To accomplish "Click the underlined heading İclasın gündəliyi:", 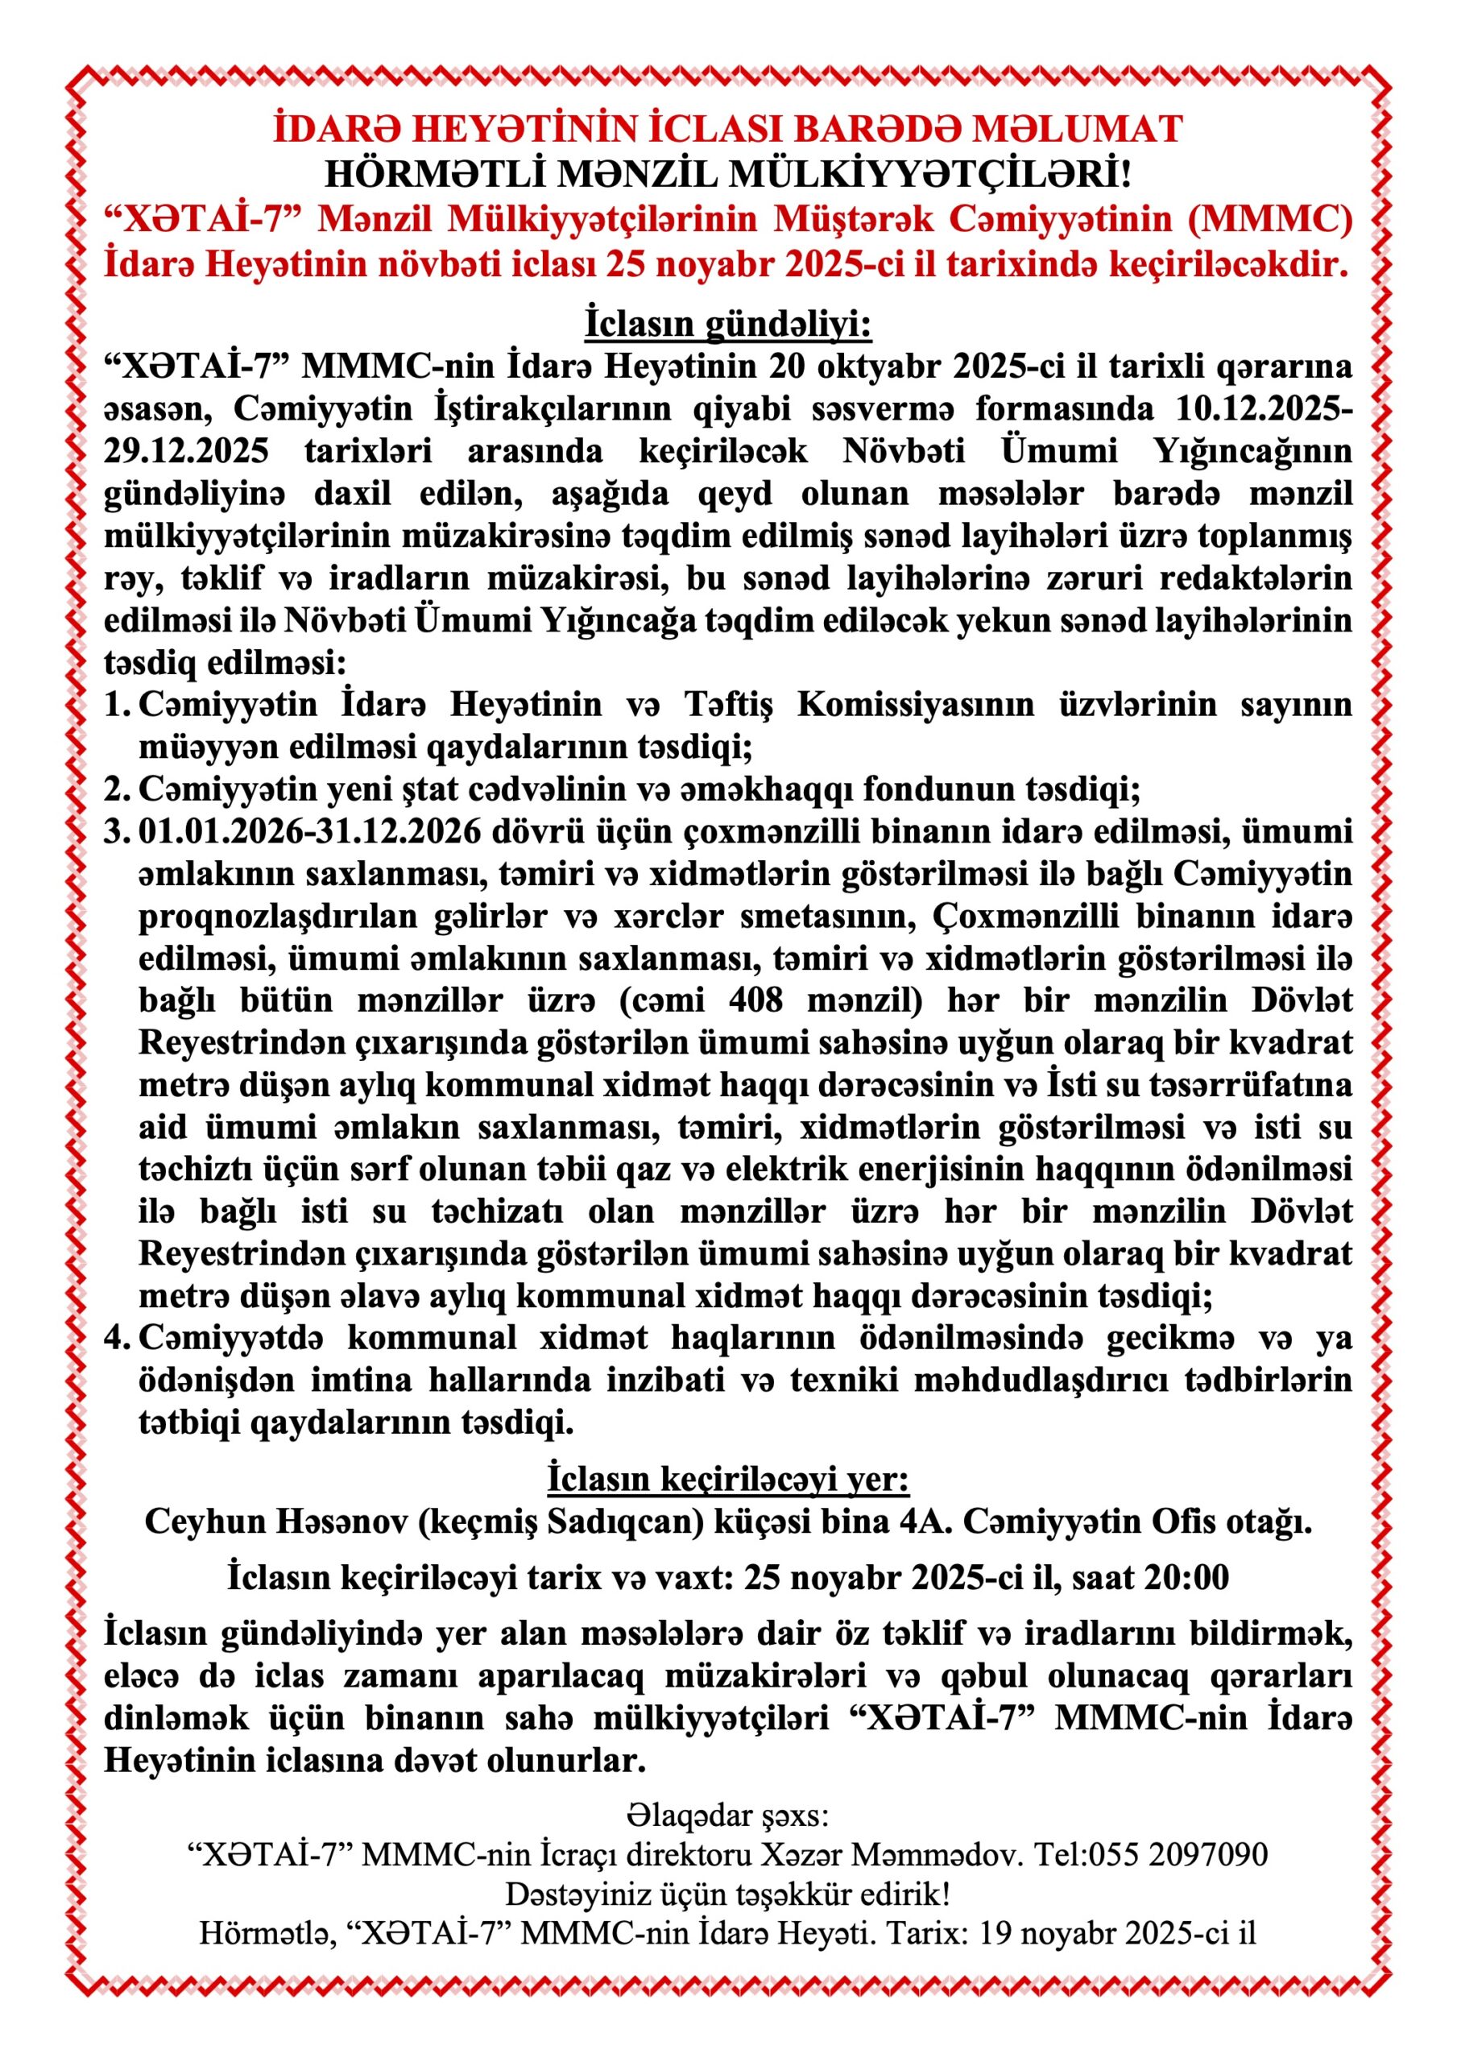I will click(728, 323).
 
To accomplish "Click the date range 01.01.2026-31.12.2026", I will click(310, 831).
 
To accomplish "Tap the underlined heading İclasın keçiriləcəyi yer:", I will click(728, 1477).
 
